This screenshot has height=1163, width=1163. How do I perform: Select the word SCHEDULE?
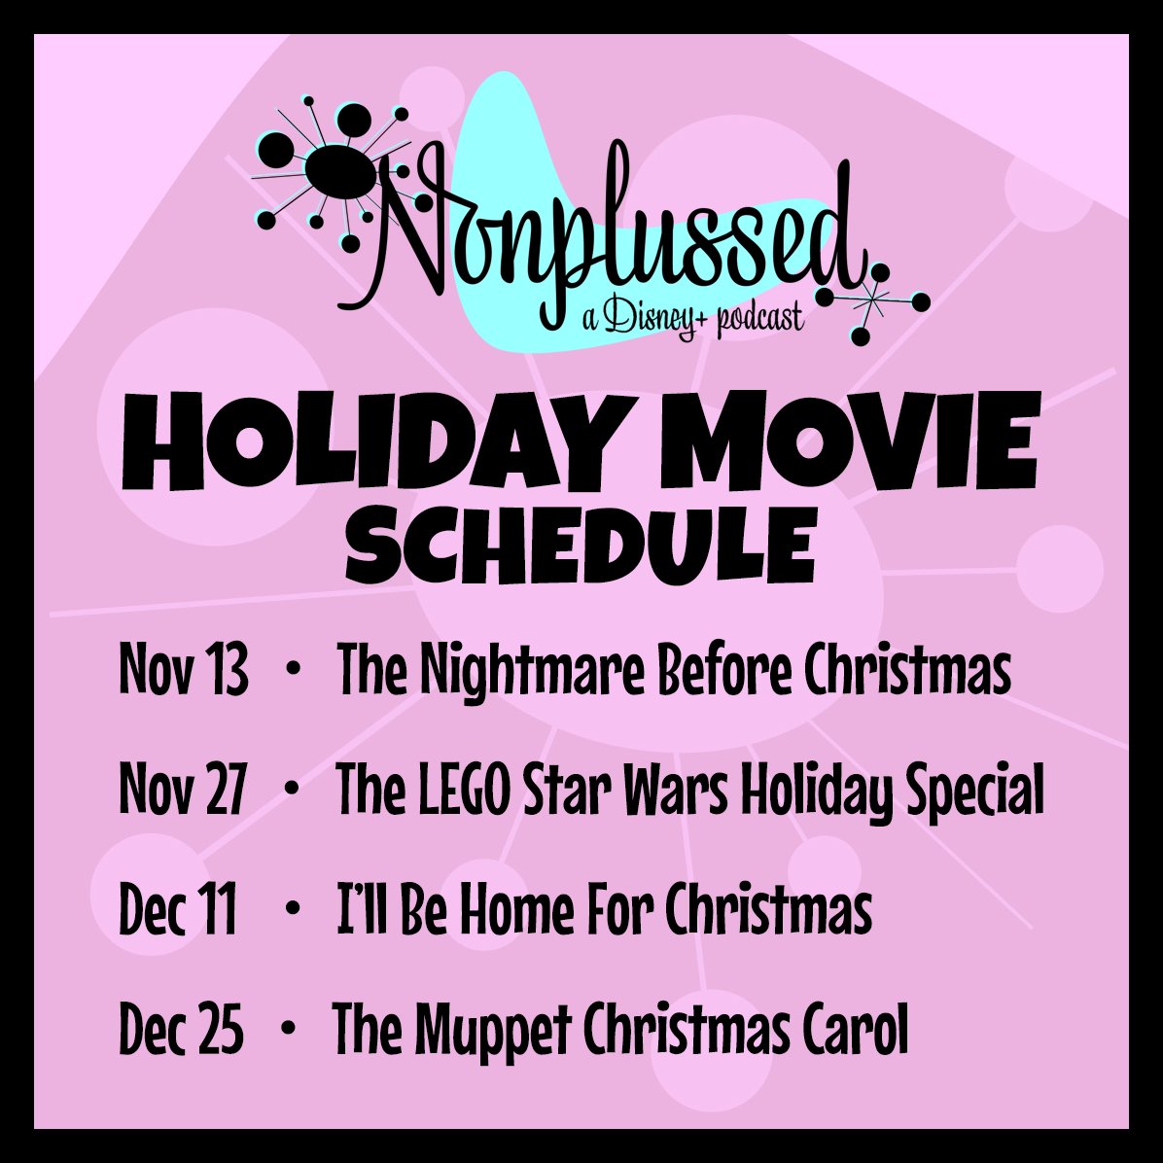581,546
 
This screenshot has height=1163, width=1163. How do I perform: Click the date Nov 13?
183,670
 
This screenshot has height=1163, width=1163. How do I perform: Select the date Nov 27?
183,790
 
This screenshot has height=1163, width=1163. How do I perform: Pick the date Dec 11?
178,910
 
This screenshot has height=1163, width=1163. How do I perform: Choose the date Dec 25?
181,1030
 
